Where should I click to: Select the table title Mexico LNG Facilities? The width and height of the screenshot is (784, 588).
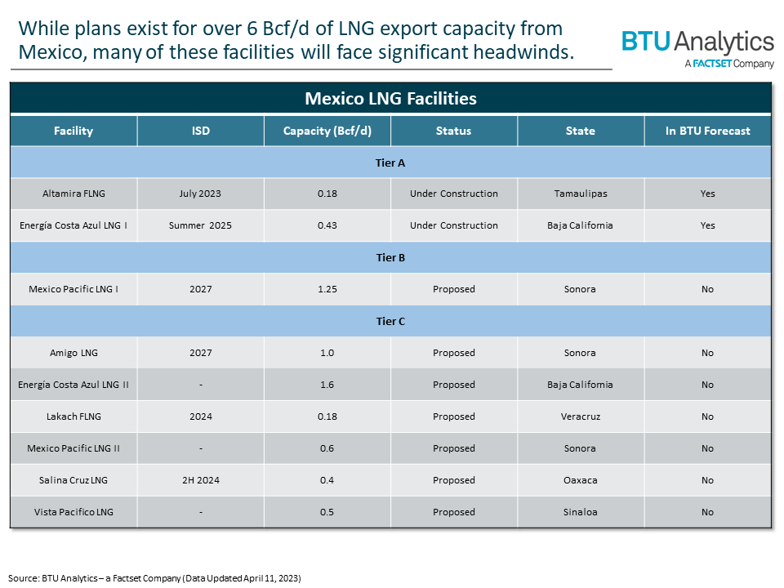(390, 99)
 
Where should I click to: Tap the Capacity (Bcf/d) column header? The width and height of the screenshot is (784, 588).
(327, 131)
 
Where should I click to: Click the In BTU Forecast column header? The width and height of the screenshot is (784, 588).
(707, 131)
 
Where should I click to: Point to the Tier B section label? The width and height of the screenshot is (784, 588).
(390, 258)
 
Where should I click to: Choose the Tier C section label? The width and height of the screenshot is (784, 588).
(390, 322)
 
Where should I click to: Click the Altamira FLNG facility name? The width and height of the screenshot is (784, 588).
(73, 194)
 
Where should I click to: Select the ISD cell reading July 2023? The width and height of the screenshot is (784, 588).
(200, 194)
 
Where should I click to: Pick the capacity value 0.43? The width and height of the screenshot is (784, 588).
(327, 226)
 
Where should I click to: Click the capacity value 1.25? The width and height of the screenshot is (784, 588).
(327, 290)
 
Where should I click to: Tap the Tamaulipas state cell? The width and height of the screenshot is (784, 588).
(580, 194)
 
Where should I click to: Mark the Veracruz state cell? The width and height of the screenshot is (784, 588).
(580, 417)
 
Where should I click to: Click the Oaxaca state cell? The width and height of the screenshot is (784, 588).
(580, 481)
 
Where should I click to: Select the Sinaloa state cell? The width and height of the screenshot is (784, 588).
(580, 513)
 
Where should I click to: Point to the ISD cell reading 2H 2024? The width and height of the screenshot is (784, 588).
(200, 481)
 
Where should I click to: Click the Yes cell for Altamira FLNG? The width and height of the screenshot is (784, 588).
(707, 194)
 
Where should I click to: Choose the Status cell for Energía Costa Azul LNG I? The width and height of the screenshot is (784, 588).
(453, 226)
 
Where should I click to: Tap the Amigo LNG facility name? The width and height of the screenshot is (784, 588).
(73, 354)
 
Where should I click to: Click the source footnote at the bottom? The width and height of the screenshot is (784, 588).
(155, 578)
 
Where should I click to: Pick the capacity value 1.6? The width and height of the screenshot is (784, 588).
(327, 385)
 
